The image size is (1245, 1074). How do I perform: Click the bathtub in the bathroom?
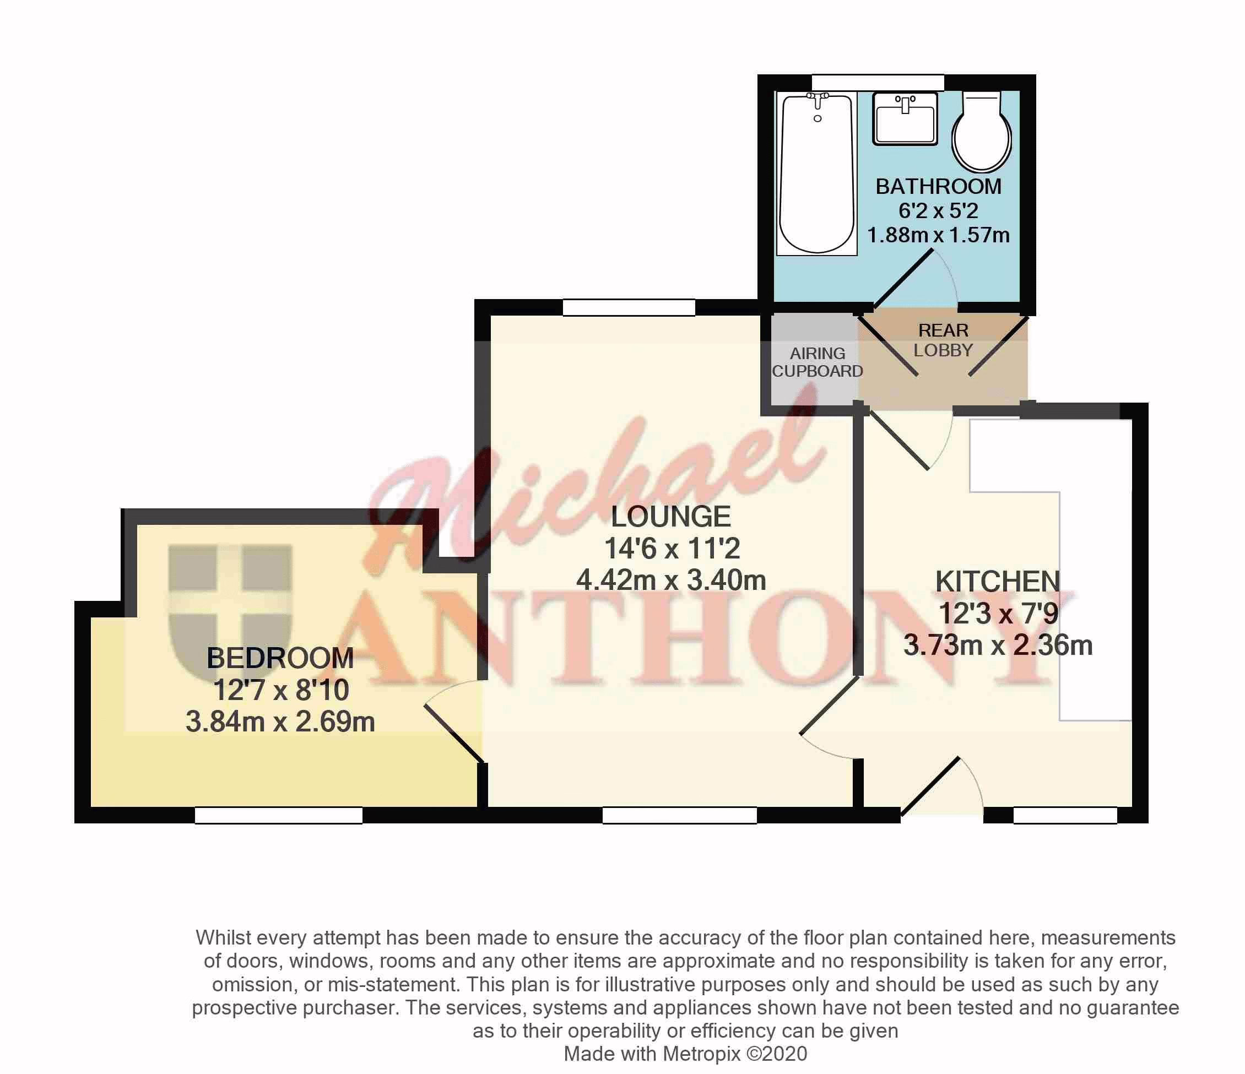pos(816,173)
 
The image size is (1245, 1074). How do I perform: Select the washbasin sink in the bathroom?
pos(905,119)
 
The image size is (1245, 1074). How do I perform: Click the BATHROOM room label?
pos(939,187)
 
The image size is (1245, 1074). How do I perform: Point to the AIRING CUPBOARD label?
pos(817,362)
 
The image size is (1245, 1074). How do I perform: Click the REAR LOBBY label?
pos(943,340)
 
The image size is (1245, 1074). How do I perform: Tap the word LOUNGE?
pos(671,517)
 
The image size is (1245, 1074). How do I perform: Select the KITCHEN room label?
pos(998,582)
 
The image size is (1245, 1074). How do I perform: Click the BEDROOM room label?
pos(280,658)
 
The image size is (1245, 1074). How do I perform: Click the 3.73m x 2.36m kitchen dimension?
pos(998,645)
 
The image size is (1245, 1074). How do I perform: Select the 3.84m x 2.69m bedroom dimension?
pos(280,722)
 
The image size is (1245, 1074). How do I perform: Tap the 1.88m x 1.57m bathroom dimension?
pos(939,235)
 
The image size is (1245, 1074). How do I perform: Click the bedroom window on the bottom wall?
pos(279,815)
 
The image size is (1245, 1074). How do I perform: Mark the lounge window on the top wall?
pos(629,307)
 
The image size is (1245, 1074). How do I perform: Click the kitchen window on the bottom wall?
pos(1065,815)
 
